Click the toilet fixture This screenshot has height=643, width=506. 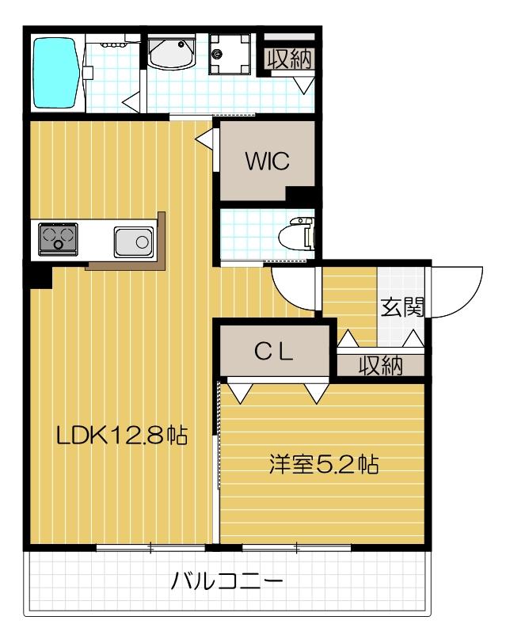coord(302,234)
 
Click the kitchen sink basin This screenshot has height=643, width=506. coord(133,241)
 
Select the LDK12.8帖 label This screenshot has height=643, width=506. coord(120,435)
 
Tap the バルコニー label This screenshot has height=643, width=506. coord(227,584)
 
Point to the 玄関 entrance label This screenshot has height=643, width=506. coord(401,307)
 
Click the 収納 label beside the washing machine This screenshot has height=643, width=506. coord(288,58)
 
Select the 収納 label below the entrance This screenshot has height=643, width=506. coord(379,365)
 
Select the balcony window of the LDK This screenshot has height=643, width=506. coord(150,546)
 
